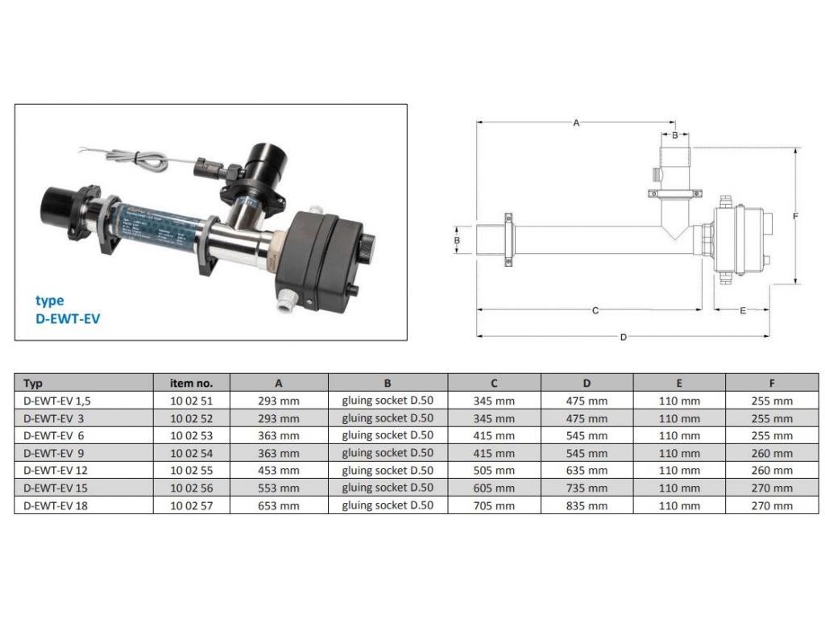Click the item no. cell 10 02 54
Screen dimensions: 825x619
[x=191, y=453]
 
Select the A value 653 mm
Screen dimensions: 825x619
[x=278, y=506]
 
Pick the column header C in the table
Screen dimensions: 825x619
[x=494, y=383]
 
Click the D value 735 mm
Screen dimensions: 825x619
[x=587, y=488]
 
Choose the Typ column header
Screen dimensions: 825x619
[x=32, y=384]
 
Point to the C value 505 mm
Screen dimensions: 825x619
[x=494, y=471]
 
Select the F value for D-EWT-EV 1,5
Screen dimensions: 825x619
[x=772, y=401]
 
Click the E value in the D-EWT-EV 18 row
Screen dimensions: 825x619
[x=679, y=506]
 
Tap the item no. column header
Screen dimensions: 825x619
[x=191, y=383]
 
